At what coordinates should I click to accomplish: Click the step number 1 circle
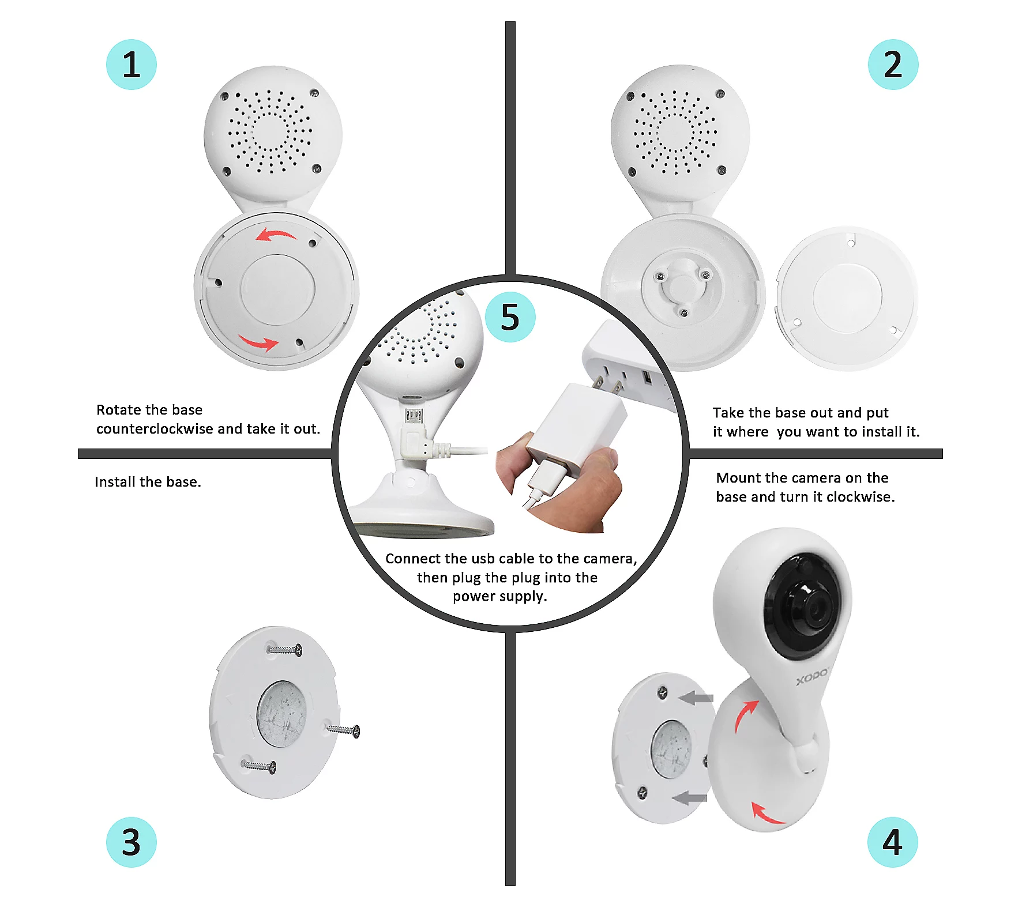[x=131, y=65]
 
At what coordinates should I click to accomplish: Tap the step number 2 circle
[x=893, y=65]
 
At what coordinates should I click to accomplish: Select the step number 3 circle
[x=131, y=842]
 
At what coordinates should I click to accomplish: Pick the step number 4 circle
[x=893, y=842]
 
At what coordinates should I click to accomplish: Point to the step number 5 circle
[x=510, y=317]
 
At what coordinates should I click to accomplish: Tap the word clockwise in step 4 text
[x=859, y=497]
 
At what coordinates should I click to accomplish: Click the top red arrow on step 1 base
[x=276, y=234]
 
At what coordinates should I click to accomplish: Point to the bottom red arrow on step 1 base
[x=258, y=342]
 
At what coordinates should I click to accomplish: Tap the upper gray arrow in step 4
[x=696, y=698]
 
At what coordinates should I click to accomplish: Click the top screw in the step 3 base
[x=284, y=650]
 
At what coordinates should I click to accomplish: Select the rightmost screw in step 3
[x=343, y=730]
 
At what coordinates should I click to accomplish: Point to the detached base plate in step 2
[x=847, y=298]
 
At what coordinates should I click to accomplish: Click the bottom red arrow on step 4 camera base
[x=767, y=812]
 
